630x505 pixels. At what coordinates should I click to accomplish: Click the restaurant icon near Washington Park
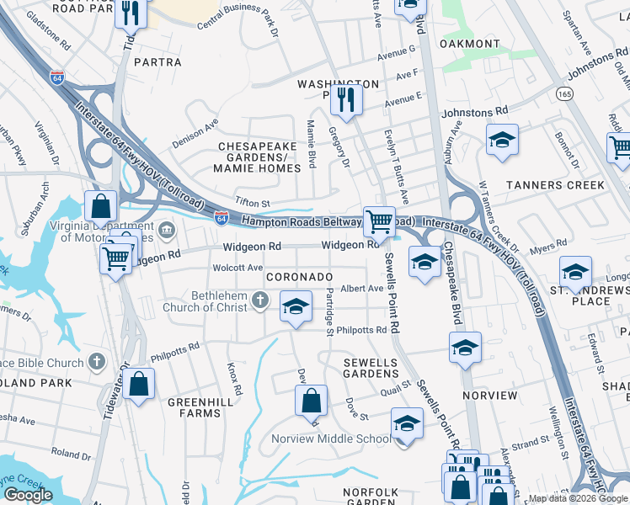(x=346, y=99)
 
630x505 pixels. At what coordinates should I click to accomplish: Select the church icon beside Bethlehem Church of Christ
(x=261, y=300)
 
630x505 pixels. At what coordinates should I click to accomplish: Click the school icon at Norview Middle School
(x=407, y=423)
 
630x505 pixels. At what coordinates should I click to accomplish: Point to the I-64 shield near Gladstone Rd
(x=57, y=76)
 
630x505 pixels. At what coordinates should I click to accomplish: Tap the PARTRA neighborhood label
(x=157, y=62)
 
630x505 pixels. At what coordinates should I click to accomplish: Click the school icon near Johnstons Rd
(x=502, y=139)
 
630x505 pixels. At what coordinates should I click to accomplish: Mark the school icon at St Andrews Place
(x=576, y=271)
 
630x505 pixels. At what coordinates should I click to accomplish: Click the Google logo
(x=28, y=495)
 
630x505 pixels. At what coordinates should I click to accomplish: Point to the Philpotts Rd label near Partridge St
(x=361, y=331)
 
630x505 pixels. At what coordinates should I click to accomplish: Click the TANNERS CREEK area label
(x=555, y=184)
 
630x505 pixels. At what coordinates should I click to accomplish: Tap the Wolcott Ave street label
(x=238, y=268)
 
